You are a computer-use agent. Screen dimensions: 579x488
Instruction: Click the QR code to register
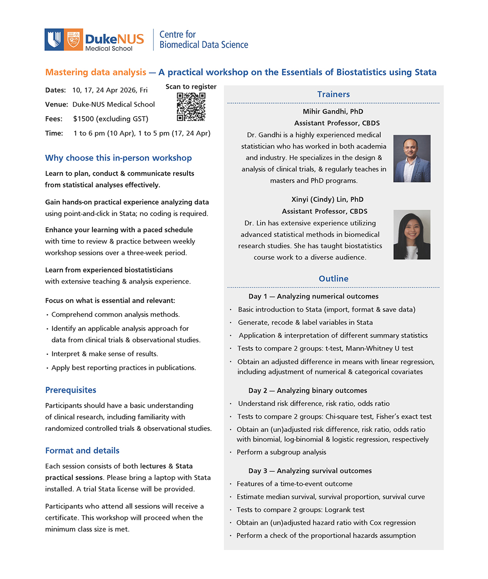click(x=191, y=107)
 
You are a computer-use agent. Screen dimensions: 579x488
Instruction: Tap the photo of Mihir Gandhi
click(x=412, y=159)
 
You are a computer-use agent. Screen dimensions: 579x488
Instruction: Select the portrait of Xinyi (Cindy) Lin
click(x=412, y=234)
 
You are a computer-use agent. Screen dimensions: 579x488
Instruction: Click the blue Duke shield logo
click(x=54, y=40)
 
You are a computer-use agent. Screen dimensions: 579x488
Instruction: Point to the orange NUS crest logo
click(x=73, y=40)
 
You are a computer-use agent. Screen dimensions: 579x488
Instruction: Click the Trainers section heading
click(x=333, y=94)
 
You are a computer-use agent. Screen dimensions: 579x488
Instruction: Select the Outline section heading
click(x=333, y=279)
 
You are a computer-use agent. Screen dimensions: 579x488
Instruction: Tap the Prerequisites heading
click(x=71, y=390)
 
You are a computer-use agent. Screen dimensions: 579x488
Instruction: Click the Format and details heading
click(x=82, y=450)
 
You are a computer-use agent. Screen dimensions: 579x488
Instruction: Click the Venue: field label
click(x=57, y=104)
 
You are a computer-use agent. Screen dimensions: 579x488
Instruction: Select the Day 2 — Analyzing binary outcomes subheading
click(x=308, y=390)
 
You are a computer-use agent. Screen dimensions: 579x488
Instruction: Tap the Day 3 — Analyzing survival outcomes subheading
click(x=310, y=471)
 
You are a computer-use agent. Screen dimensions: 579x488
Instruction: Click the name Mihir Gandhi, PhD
click(x=333, y=112)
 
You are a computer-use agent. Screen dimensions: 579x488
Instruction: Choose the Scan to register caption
click(x=191, y=87)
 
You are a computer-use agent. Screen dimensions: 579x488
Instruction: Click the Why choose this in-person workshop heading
click(x=118, y=158)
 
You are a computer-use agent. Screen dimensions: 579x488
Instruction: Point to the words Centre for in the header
click(x=177, y=35)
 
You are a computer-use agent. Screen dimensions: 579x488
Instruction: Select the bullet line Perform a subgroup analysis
click(x=281, y=452)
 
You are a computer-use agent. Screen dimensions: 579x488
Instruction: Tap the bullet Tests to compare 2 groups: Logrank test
click(x=300, y=510)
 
